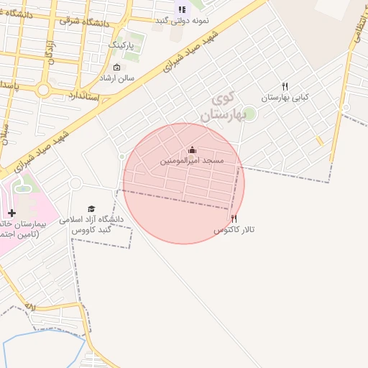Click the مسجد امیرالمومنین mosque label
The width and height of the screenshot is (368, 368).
[x=192, y=160]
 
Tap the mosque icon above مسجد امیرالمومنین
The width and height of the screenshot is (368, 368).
[x=192, y=150]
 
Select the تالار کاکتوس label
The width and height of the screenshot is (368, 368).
[x=234, y=229]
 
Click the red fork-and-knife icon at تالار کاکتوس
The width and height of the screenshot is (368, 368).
[x=234, y=218]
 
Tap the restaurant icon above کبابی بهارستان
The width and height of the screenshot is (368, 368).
[x=285, y=86]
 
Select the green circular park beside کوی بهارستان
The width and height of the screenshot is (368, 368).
[x=249, y=113]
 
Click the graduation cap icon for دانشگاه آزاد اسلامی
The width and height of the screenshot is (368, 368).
[x=91, y=208]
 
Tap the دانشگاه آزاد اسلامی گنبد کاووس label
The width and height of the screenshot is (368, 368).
[x=97, y=224]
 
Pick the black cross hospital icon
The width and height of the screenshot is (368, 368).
[x=11, y=213]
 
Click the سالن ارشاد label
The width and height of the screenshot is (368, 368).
[x=117, y=78]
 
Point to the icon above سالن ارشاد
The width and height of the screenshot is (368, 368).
[x=117, y=68]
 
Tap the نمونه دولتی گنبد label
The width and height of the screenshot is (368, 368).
[x=183, y=20]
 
